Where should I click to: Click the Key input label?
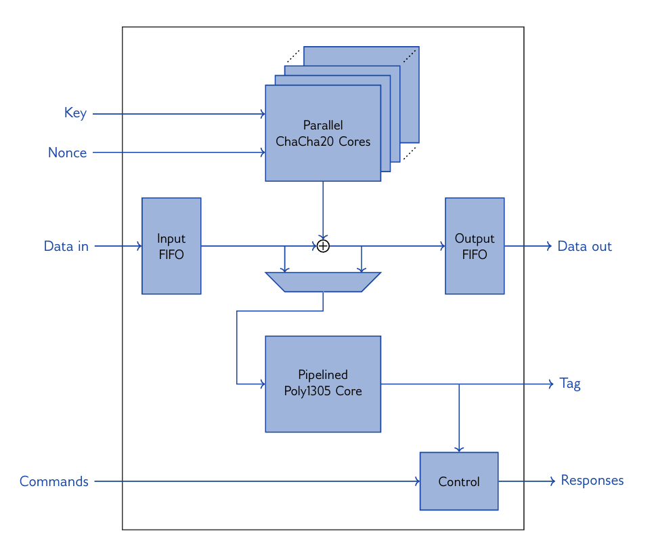pyautogui.click(x=75, y=113)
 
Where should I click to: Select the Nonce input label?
pyautogui.click(x=67, y=153)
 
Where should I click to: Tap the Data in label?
pyautogui.click(x=66, y=246)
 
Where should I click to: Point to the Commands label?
pyautogui.click(x=54, y=481)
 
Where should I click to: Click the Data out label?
pyautogui.click(x=584, y=246)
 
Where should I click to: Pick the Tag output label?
pyautogui.click(x=570, y=384)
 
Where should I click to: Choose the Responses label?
pyautogui.click(x=592, y=481)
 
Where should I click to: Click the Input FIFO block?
pyautogui.click(x=171, y=246)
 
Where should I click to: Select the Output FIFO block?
pyautogui.click(x=475, y=246)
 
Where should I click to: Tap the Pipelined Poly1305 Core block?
pyautogui.click(x=323, y=384)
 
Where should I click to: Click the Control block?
pyautogui.click(x=459, y=481)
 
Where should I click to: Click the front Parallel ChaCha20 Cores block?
pyautogui.click(x=323, y=133)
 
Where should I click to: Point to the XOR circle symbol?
pyautogui.click(x=323, y=246)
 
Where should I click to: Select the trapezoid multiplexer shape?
pyautogui.click(x=323, y=282)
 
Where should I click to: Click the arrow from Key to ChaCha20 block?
pyautogui.click(x=179, y=114)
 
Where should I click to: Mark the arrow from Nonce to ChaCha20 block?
pyautogui.click(x=179, y=153)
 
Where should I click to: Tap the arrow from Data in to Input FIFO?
pyautogui.click(x=118, y=246)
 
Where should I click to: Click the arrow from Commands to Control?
pyautogui.click(x=257, y=481)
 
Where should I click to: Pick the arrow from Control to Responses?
pyautogui.click(x=526, y=481)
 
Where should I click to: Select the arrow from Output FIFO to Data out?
pyautogui.click(x=528, y=246)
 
